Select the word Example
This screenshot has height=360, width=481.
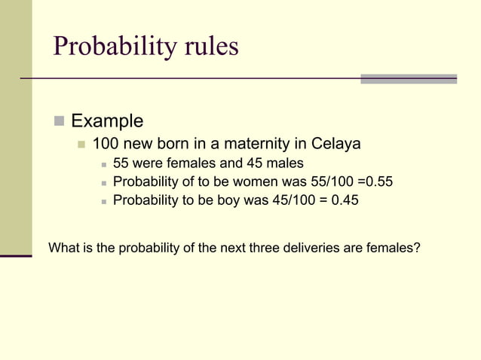click(107, 121)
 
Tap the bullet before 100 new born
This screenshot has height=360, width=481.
click(82, 143)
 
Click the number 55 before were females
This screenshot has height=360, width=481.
click(121, 163)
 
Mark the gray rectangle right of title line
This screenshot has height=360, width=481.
click(409, 78)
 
